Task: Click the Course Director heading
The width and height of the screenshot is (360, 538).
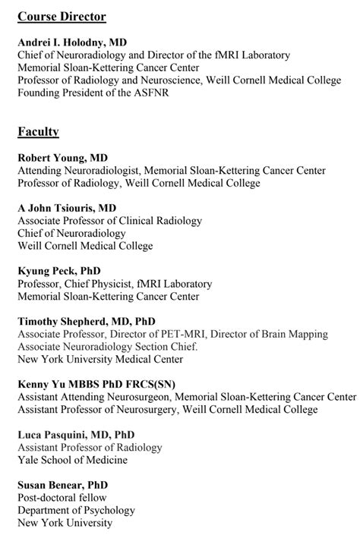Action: [x=62, y=17]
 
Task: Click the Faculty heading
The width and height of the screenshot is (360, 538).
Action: [x=38, y=132]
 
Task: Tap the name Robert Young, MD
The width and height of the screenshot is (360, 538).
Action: [x=63, y=158]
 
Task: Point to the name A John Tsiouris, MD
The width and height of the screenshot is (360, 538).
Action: [x=67, y=207]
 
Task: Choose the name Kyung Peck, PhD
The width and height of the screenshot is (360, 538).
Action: [x=59, y=271]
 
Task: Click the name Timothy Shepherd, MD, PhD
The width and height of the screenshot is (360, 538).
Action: [x=87, y=321]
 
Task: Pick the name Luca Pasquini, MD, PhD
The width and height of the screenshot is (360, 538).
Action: [x=77, y=435]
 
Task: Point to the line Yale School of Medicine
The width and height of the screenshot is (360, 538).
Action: [x=73, y=460]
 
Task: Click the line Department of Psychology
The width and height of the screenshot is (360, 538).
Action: [x=76, y=510]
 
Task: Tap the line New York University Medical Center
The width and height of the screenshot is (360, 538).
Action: [x=100, y=359]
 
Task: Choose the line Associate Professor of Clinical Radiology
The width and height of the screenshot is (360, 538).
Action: [x=110, y=221]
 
